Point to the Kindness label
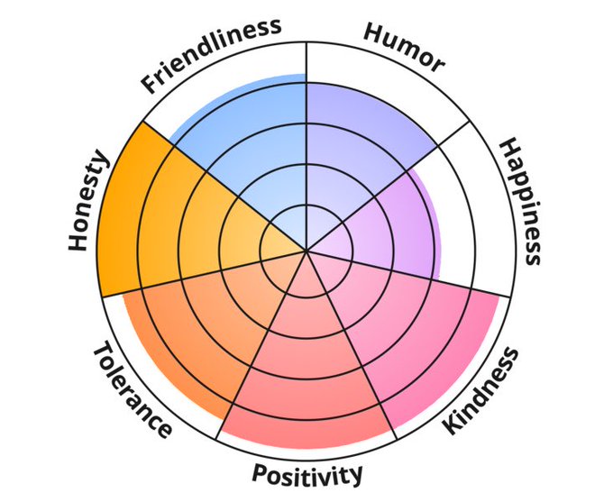tap(483, 392)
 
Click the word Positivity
tap(307, 473)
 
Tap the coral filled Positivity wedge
tap(306, 379)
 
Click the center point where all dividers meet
tap(306, 251)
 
